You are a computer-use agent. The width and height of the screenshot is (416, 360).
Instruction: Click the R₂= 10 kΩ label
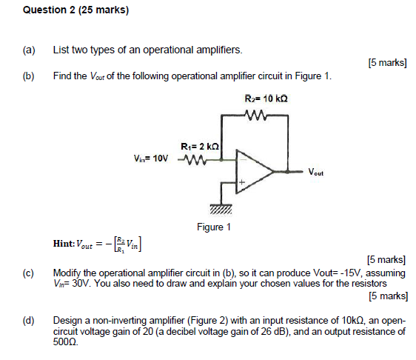pos(265,98)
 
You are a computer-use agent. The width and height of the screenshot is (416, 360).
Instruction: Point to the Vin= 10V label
pos(151,159)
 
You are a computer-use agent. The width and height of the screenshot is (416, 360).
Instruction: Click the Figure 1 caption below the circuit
pos(214,227)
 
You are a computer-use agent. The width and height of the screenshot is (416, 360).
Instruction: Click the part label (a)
pos(29,50)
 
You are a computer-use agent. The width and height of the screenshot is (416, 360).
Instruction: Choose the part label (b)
pos(29,76)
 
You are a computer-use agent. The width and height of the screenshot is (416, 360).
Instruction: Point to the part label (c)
pos(29,273)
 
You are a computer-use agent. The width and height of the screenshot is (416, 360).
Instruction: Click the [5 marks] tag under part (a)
pos(387,64)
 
